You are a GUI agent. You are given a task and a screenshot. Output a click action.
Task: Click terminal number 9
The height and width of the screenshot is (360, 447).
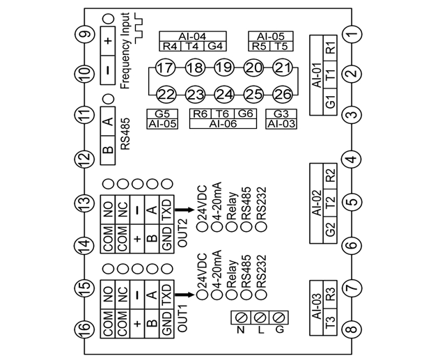tap(85, 33)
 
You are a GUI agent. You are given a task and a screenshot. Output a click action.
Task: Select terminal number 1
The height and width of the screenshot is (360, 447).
tap(352, 33)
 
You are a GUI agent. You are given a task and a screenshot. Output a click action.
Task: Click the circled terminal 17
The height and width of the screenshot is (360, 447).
tap(165, 68)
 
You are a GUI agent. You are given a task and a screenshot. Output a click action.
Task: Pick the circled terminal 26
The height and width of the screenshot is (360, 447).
tap(282, 94)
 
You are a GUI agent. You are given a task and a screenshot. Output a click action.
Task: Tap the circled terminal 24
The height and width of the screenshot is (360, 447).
tap(223, 94)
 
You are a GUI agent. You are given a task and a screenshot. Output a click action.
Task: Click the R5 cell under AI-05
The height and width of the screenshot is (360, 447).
tap(259, 47)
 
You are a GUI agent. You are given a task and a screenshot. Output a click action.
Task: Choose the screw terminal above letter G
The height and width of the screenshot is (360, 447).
tap(279, 317)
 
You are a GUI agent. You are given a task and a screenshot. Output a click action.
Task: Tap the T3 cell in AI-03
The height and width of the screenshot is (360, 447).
tap(330, 324)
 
